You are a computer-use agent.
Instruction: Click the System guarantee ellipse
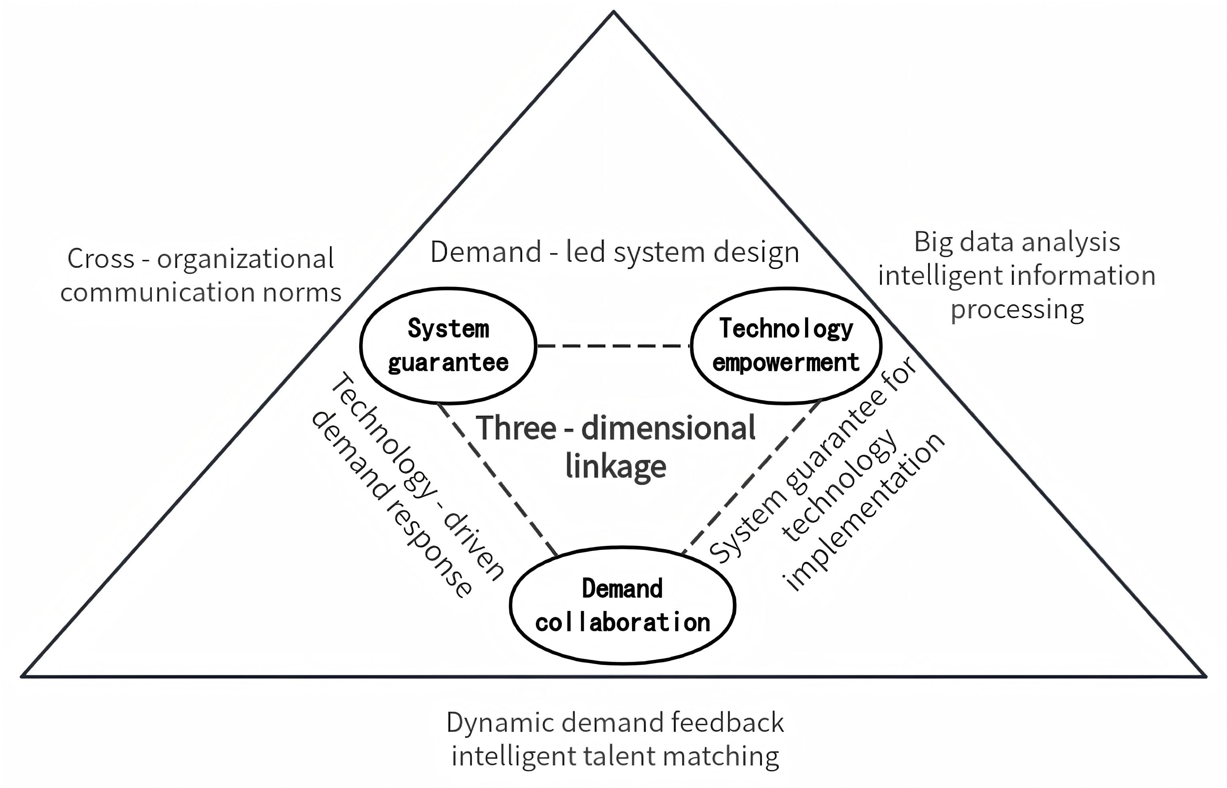click(448, 345)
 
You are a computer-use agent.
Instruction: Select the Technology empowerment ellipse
click(786, 345)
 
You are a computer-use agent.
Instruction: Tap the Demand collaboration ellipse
click(622, 605)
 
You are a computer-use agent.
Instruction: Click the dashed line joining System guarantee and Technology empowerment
click(614, 346)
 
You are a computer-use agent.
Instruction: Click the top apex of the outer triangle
click(614, 12)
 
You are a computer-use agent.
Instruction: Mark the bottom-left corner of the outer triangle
click(22, 676)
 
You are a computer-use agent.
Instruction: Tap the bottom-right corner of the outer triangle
click(1205, 676)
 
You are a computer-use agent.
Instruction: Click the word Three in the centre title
click(517, 428)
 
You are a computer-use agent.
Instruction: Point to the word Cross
click(101, 259)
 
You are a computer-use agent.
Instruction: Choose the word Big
click(933, 243)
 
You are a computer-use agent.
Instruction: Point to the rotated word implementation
click(864, 512)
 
